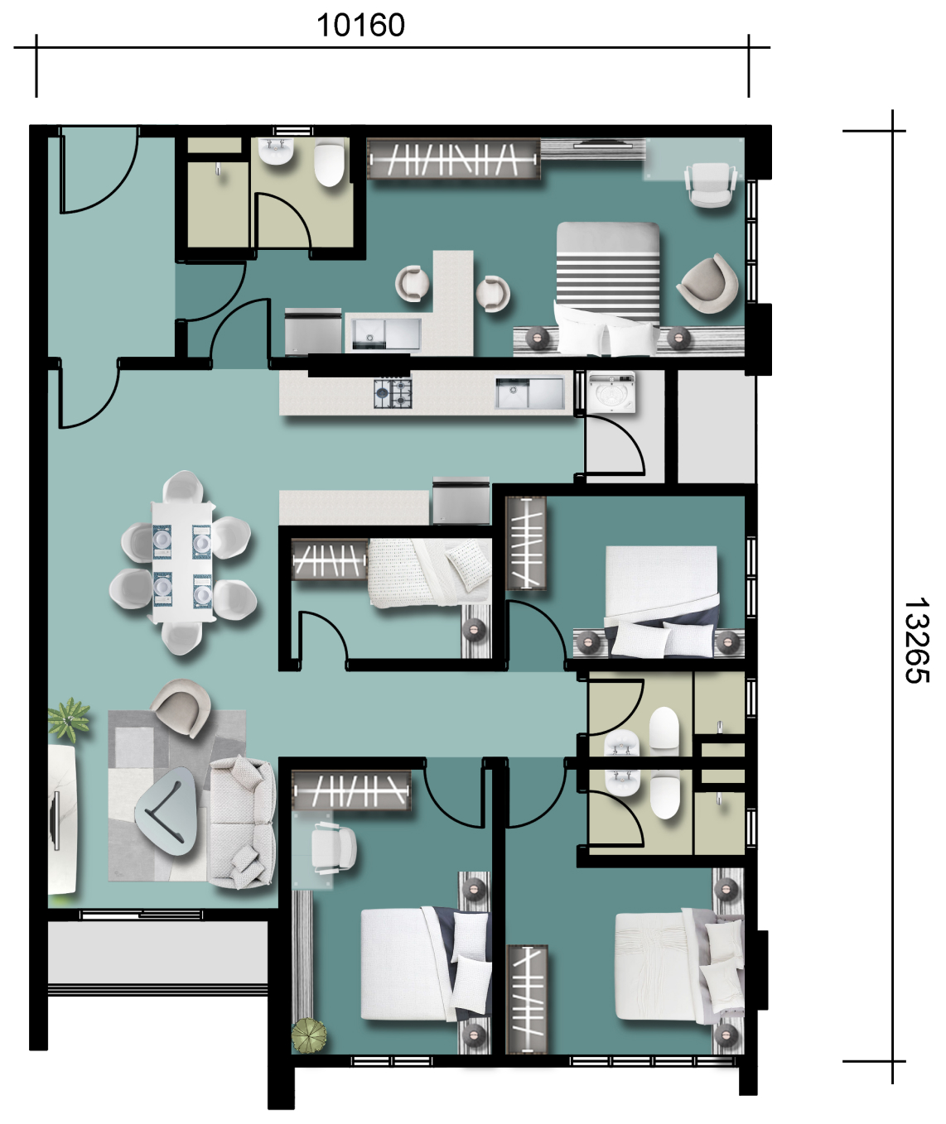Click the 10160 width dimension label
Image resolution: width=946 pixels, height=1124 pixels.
(x=360, y=26)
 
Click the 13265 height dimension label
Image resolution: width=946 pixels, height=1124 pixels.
(x=916, y=641)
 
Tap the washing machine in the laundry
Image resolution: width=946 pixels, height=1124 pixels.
(x=611, y=392)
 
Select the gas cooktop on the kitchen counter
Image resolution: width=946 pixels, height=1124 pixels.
(x=393, y=393)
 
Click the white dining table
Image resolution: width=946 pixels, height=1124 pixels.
(x=181, y=562)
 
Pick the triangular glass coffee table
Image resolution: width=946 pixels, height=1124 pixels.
(x=167, y=812)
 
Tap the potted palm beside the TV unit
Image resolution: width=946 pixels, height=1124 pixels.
(x=69, y=720)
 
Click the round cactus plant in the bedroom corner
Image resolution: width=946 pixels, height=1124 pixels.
(x=309, y=1035)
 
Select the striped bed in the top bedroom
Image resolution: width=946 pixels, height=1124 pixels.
(x=607, y=289)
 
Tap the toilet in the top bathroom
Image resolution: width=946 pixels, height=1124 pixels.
(x=329, y=162)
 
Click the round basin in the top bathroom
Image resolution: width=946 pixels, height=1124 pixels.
(x=276, y=151)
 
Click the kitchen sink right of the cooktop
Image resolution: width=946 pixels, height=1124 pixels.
(x=529, y=393)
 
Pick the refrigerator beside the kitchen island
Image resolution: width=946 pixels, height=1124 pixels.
(x=461, y=501)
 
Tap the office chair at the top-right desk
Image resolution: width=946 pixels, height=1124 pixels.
(x=710, y=185)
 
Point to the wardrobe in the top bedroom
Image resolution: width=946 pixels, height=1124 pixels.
(x=454, y=160)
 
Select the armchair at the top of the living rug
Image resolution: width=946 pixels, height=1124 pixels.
(x=181, y=707)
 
